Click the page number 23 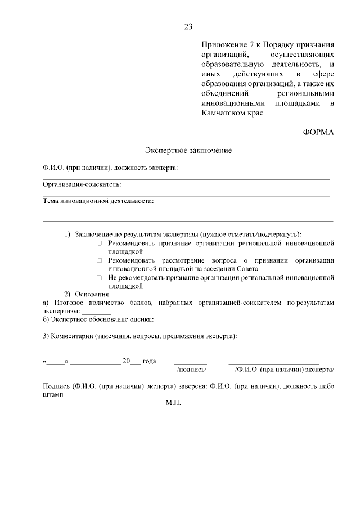(x=188, y=26)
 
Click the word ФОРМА (x=318, y=133)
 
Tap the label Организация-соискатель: (x=82, y=184)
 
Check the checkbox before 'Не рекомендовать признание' (x=98, y=278)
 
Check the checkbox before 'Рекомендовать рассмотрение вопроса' (x=98, y=261)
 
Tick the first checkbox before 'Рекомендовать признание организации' (x=98, y=244)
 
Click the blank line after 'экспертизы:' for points (x=96, y=312)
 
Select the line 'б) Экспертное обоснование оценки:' (x=90, y=319)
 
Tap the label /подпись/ (x=192, y=370)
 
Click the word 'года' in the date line (x=149, y=361)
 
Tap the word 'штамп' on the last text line (x=53, y=394)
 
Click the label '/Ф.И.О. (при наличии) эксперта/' (x=284, y=370)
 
